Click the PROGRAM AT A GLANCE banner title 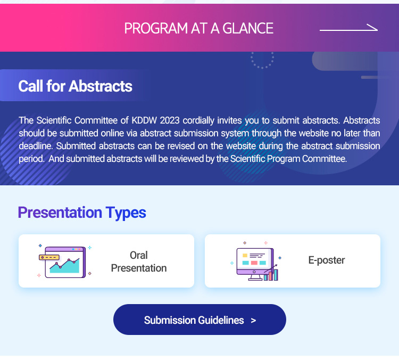199,28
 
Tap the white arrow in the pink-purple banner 348,29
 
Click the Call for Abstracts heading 76,86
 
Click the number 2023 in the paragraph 170,120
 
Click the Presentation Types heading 82,212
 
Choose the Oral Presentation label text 139,261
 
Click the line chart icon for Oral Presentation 64,261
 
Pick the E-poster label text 327,260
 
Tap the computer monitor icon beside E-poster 255,263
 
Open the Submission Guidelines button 199,320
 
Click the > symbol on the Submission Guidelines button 253,320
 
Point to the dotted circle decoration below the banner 262,60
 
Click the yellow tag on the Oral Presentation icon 49,257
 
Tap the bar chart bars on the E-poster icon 271,275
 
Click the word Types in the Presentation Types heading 126,213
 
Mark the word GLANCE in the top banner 248,28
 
